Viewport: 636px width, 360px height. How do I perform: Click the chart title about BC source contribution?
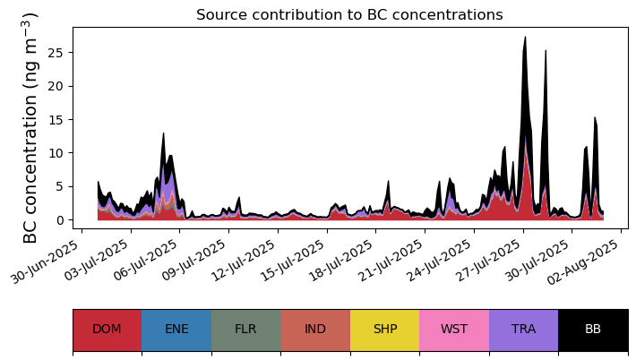(349, 15)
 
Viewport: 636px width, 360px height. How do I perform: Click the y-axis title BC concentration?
(30, 128)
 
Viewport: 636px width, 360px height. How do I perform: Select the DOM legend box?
(107, 329)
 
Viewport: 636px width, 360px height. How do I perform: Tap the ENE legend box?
(176, 329)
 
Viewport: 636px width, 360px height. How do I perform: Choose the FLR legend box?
(245, 329)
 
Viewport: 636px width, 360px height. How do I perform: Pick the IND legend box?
(315, 329)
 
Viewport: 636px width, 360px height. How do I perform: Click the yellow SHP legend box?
(384, 329)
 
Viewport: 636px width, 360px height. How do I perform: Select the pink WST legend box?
(454, 329)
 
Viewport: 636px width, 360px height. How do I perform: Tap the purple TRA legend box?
(523, 329)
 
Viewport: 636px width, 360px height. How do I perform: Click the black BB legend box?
(593, 329)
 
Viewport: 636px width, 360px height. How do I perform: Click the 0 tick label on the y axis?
(62, 220)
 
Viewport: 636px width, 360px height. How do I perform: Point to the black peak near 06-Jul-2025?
(163, 134)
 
